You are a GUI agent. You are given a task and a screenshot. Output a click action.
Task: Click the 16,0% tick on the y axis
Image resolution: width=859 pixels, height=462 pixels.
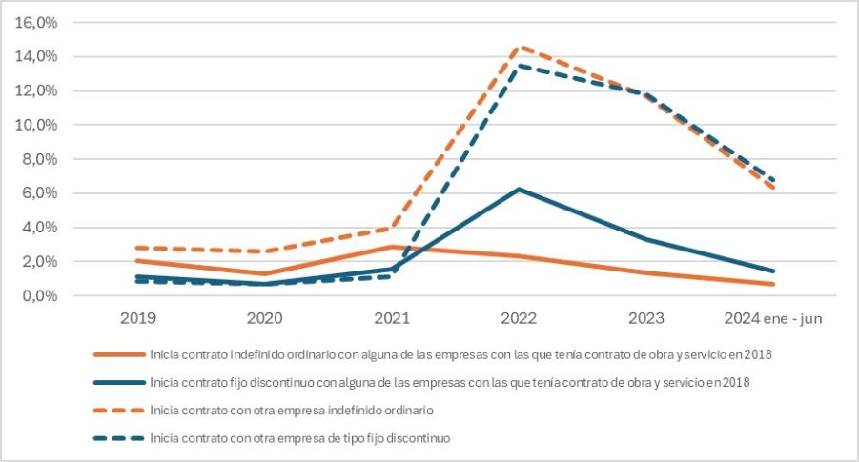coord(37,23)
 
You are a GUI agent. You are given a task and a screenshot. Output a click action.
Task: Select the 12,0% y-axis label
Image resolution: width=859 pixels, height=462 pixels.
coord(37,91)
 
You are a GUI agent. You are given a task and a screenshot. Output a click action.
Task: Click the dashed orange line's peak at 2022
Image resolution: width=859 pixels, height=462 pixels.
coord(519,47)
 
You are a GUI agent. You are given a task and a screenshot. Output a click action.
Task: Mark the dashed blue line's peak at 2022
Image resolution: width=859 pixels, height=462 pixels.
coord(519,66)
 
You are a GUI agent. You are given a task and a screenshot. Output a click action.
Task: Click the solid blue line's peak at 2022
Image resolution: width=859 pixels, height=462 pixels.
coord(519,189)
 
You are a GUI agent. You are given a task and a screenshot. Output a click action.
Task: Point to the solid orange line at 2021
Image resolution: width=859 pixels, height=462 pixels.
coord(393,247)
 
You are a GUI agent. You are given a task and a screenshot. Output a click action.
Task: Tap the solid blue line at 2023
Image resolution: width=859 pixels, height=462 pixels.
coord(644,239)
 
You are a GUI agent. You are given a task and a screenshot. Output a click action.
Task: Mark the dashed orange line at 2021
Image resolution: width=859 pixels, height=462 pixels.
coord(393,228)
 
